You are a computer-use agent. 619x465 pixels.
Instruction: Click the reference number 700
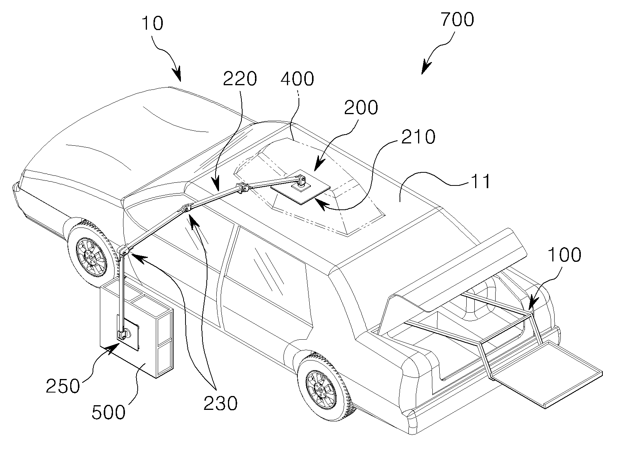click(x=457, y=19)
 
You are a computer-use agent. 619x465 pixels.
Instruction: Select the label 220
click(x=240, y=79)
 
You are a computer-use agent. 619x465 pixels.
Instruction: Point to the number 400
click(x=297, y=79)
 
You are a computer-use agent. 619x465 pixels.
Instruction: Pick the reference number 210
click(x=418, y=137)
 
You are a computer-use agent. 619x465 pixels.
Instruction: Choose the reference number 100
click(x=564, y=255)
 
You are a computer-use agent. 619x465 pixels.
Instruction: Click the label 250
click(x=62, y=386)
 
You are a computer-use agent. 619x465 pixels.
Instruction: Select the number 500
click(x=109, y=412)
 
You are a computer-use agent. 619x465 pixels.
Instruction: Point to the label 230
click(x=220, y=404)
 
